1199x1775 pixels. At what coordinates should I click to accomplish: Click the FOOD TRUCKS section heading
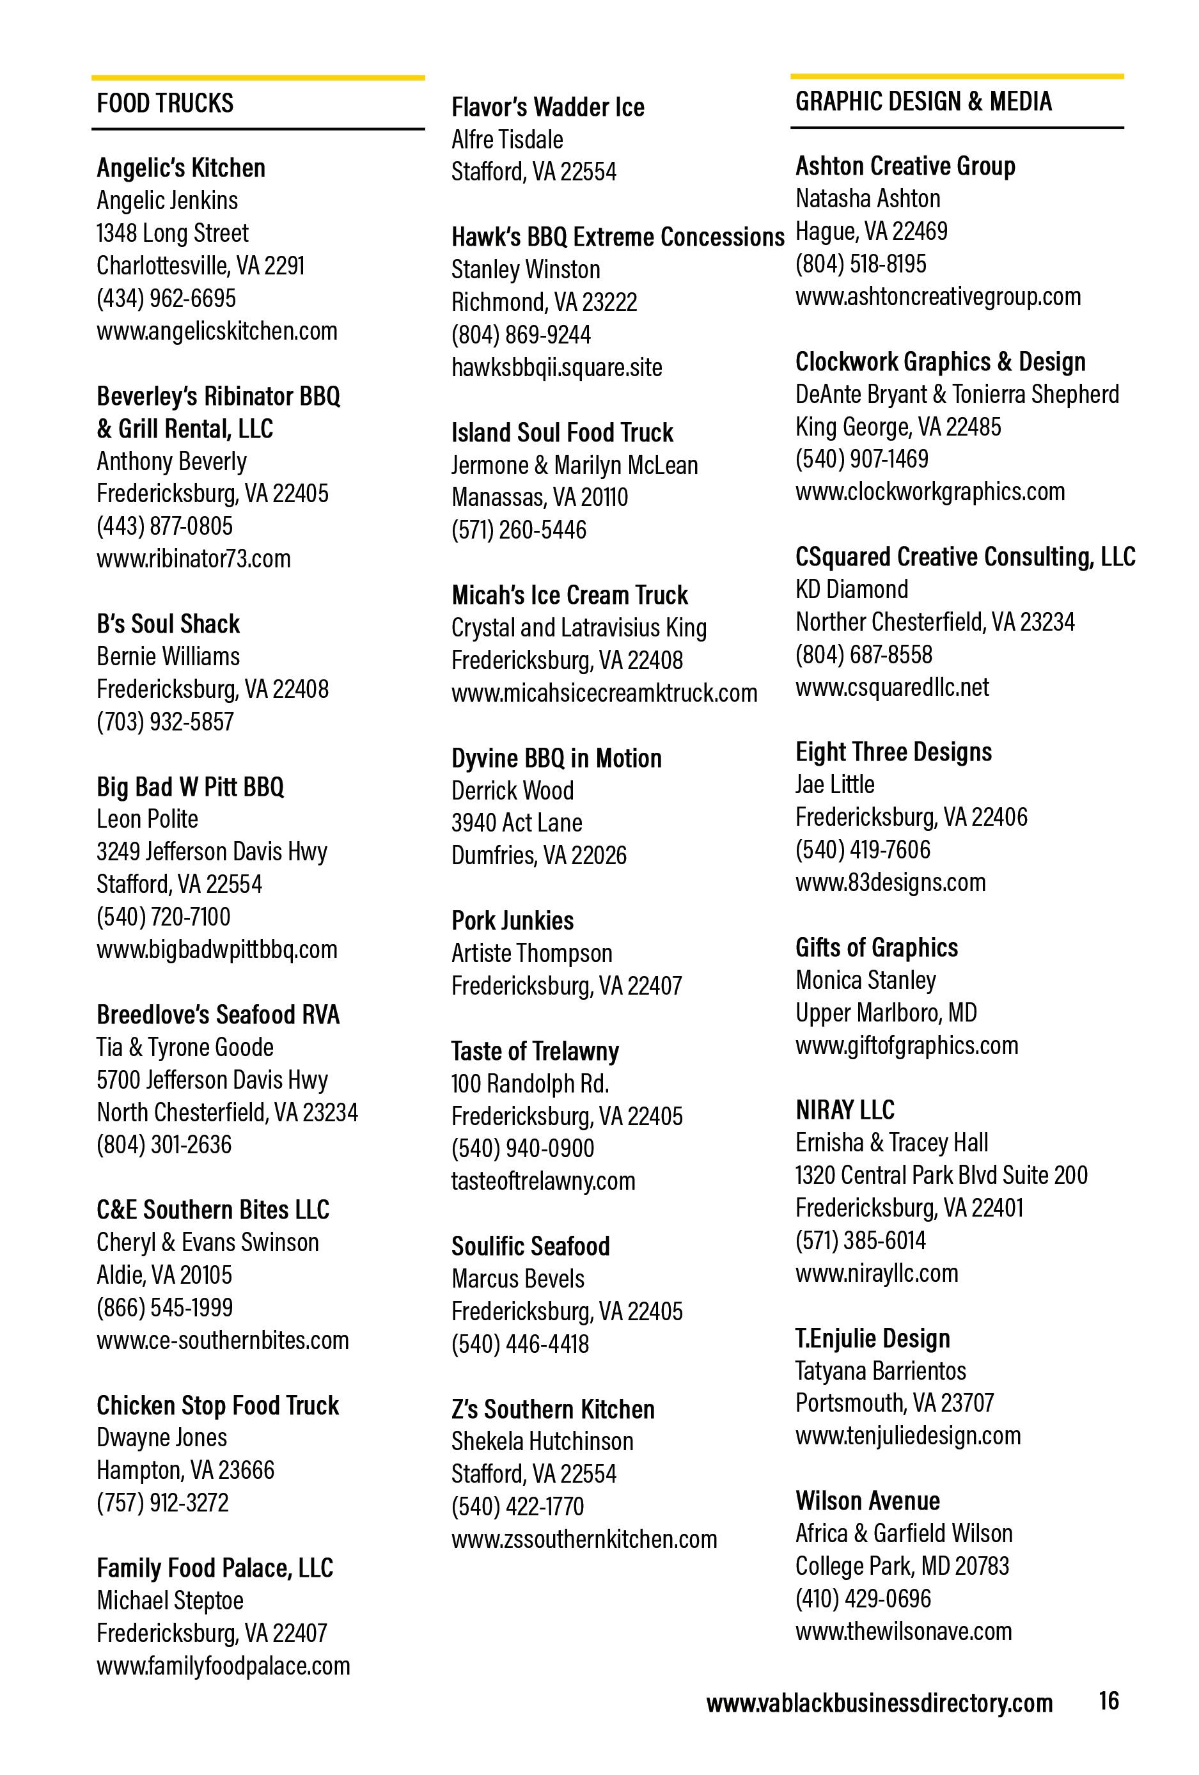coord(165,103)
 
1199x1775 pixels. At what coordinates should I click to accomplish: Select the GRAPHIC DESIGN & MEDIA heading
coord(923,102)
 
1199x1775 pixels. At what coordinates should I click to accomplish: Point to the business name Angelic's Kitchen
coord(181,168)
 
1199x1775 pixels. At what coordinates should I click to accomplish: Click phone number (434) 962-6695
coord(166,298)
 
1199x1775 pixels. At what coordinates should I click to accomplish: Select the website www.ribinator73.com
coord(193,558)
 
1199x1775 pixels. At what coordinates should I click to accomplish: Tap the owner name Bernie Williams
coord(168,656)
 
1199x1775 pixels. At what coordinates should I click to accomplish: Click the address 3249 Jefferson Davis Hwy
coord(212,851)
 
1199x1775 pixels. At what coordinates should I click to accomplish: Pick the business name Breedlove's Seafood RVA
coord(217,1014)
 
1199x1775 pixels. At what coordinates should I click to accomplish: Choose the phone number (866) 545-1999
coord(164,1307)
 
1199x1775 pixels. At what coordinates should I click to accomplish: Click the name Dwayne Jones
coord(162,1437)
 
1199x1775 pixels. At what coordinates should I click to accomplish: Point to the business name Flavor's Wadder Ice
coord(547,107)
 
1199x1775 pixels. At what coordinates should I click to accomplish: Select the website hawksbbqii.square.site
coord(557,367)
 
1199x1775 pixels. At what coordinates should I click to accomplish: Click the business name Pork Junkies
coord(512,920)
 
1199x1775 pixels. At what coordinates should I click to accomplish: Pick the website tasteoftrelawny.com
coord(543,1181)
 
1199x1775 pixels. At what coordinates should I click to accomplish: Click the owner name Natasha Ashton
coord(868,198)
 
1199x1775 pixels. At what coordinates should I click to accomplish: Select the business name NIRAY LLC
coord(845,1110)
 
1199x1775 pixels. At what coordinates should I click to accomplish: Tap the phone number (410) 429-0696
coord(863,1598)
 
